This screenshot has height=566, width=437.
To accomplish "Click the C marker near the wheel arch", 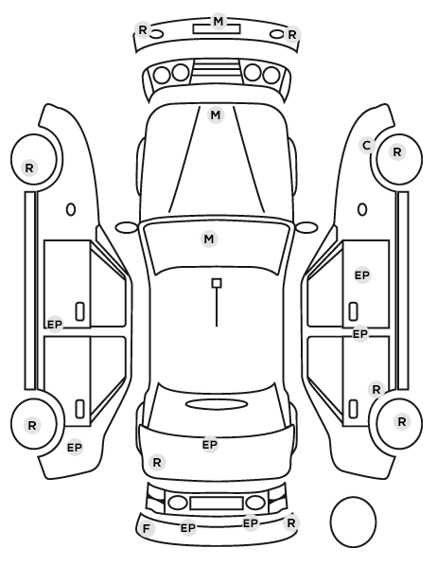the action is tap(367, 146).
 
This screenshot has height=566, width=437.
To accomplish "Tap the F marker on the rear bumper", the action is tap(147, 529).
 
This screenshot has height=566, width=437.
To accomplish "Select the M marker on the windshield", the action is tap(209, 239).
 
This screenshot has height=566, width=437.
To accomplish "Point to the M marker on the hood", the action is tap(216, 115).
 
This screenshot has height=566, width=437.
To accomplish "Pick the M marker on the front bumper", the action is tap(218, 22).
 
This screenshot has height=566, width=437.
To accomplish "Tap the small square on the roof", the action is tap(217, 283).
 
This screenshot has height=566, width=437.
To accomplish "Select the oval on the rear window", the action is tap(217, 404).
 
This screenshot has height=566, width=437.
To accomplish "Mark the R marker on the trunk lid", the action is tap(157, 463).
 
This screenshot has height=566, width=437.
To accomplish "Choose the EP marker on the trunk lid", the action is tap(210, 445).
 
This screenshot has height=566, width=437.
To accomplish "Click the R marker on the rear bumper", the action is tap(290, 522).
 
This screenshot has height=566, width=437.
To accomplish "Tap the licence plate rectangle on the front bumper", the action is tap(217, 29).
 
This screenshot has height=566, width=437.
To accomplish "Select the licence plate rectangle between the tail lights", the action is tap(217, 504).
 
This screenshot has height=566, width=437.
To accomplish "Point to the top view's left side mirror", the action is tap(127, 227).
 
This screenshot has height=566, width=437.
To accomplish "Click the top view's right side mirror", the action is tap(306, 227).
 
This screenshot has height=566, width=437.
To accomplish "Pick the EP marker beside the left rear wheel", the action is tap(75, 448).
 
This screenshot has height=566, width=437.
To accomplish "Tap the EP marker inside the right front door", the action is tap(362, 275).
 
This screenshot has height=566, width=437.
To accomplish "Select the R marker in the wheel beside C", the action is tap(397, 152).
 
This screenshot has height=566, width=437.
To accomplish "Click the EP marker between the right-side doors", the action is tap(360, 334).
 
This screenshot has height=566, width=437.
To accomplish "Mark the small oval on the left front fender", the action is tap(71, 209).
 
